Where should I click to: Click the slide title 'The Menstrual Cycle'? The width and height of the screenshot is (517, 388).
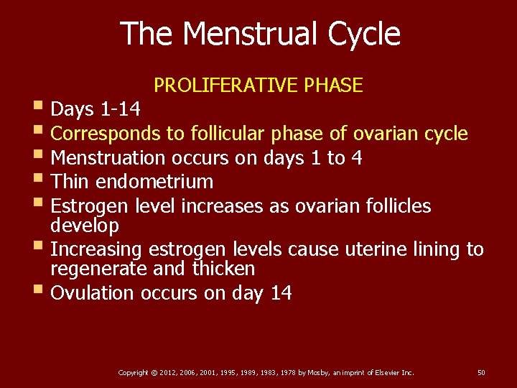coord(259,34)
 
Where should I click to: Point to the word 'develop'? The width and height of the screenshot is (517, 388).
coord(85,226)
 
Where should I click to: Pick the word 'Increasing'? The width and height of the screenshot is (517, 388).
coord(98,250)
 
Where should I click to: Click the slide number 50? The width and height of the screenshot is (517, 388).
coord(481,372)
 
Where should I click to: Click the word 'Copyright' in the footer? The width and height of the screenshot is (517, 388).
coord(133,372)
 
